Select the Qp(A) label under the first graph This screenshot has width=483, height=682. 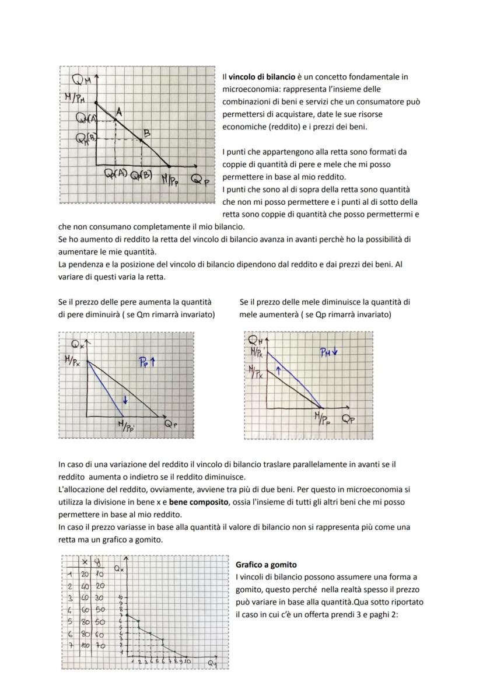[x=116, y=174]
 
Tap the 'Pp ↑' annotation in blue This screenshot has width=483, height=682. [x=146, y=362]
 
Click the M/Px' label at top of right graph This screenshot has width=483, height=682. [x=257, y=352]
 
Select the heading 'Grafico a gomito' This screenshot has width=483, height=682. [x=266, y=565]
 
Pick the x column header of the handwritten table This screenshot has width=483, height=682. [x=85, y=561]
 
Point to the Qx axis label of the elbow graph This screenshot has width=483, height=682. [x=118, y=568]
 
